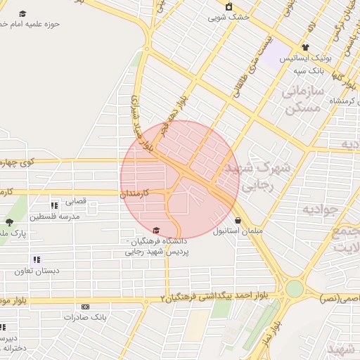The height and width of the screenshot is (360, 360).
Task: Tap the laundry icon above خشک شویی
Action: [x=228, y=7]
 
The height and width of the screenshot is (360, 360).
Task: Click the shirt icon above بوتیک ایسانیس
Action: [x=304, y=48]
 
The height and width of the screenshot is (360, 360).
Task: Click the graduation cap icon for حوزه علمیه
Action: [x=22, y=13]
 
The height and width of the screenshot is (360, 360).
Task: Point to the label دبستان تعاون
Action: [x=38, y=271]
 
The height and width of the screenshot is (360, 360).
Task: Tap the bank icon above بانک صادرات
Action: [x=86, y=307]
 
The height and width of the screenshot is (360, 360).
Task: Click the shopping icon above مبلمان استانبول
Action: [x=238, y=220]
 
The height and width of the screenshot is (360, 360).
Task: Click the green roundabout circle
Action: [x=294, y=288]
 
